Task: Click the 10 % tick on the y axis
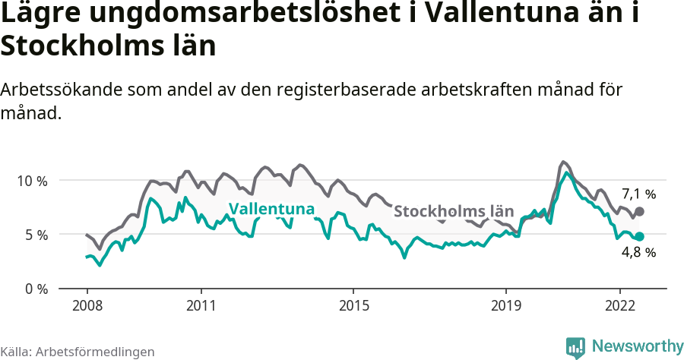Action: click(x=32, y=181)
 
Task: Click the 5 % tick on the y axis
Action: click(x=35, y=235)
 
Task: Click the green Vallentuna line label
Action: click(x=271, y=209)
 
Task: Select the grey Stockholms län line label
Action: click(x=454, y=211)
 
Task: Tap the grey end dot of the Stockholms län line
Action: click(x=639, y=211)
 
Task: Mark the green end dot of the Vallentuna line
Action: click(x=639, y=237)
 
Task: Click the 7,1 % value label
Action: click(x=638, y=193)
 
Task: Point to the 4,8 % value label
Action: click(x=638, y=253)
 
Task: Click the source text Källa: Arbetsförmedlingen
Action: click(x=78, y=352)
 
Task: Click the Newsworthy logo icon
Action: click(x=575, y=347)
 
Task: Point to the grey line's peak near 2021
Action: click(x=562, y=162)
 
